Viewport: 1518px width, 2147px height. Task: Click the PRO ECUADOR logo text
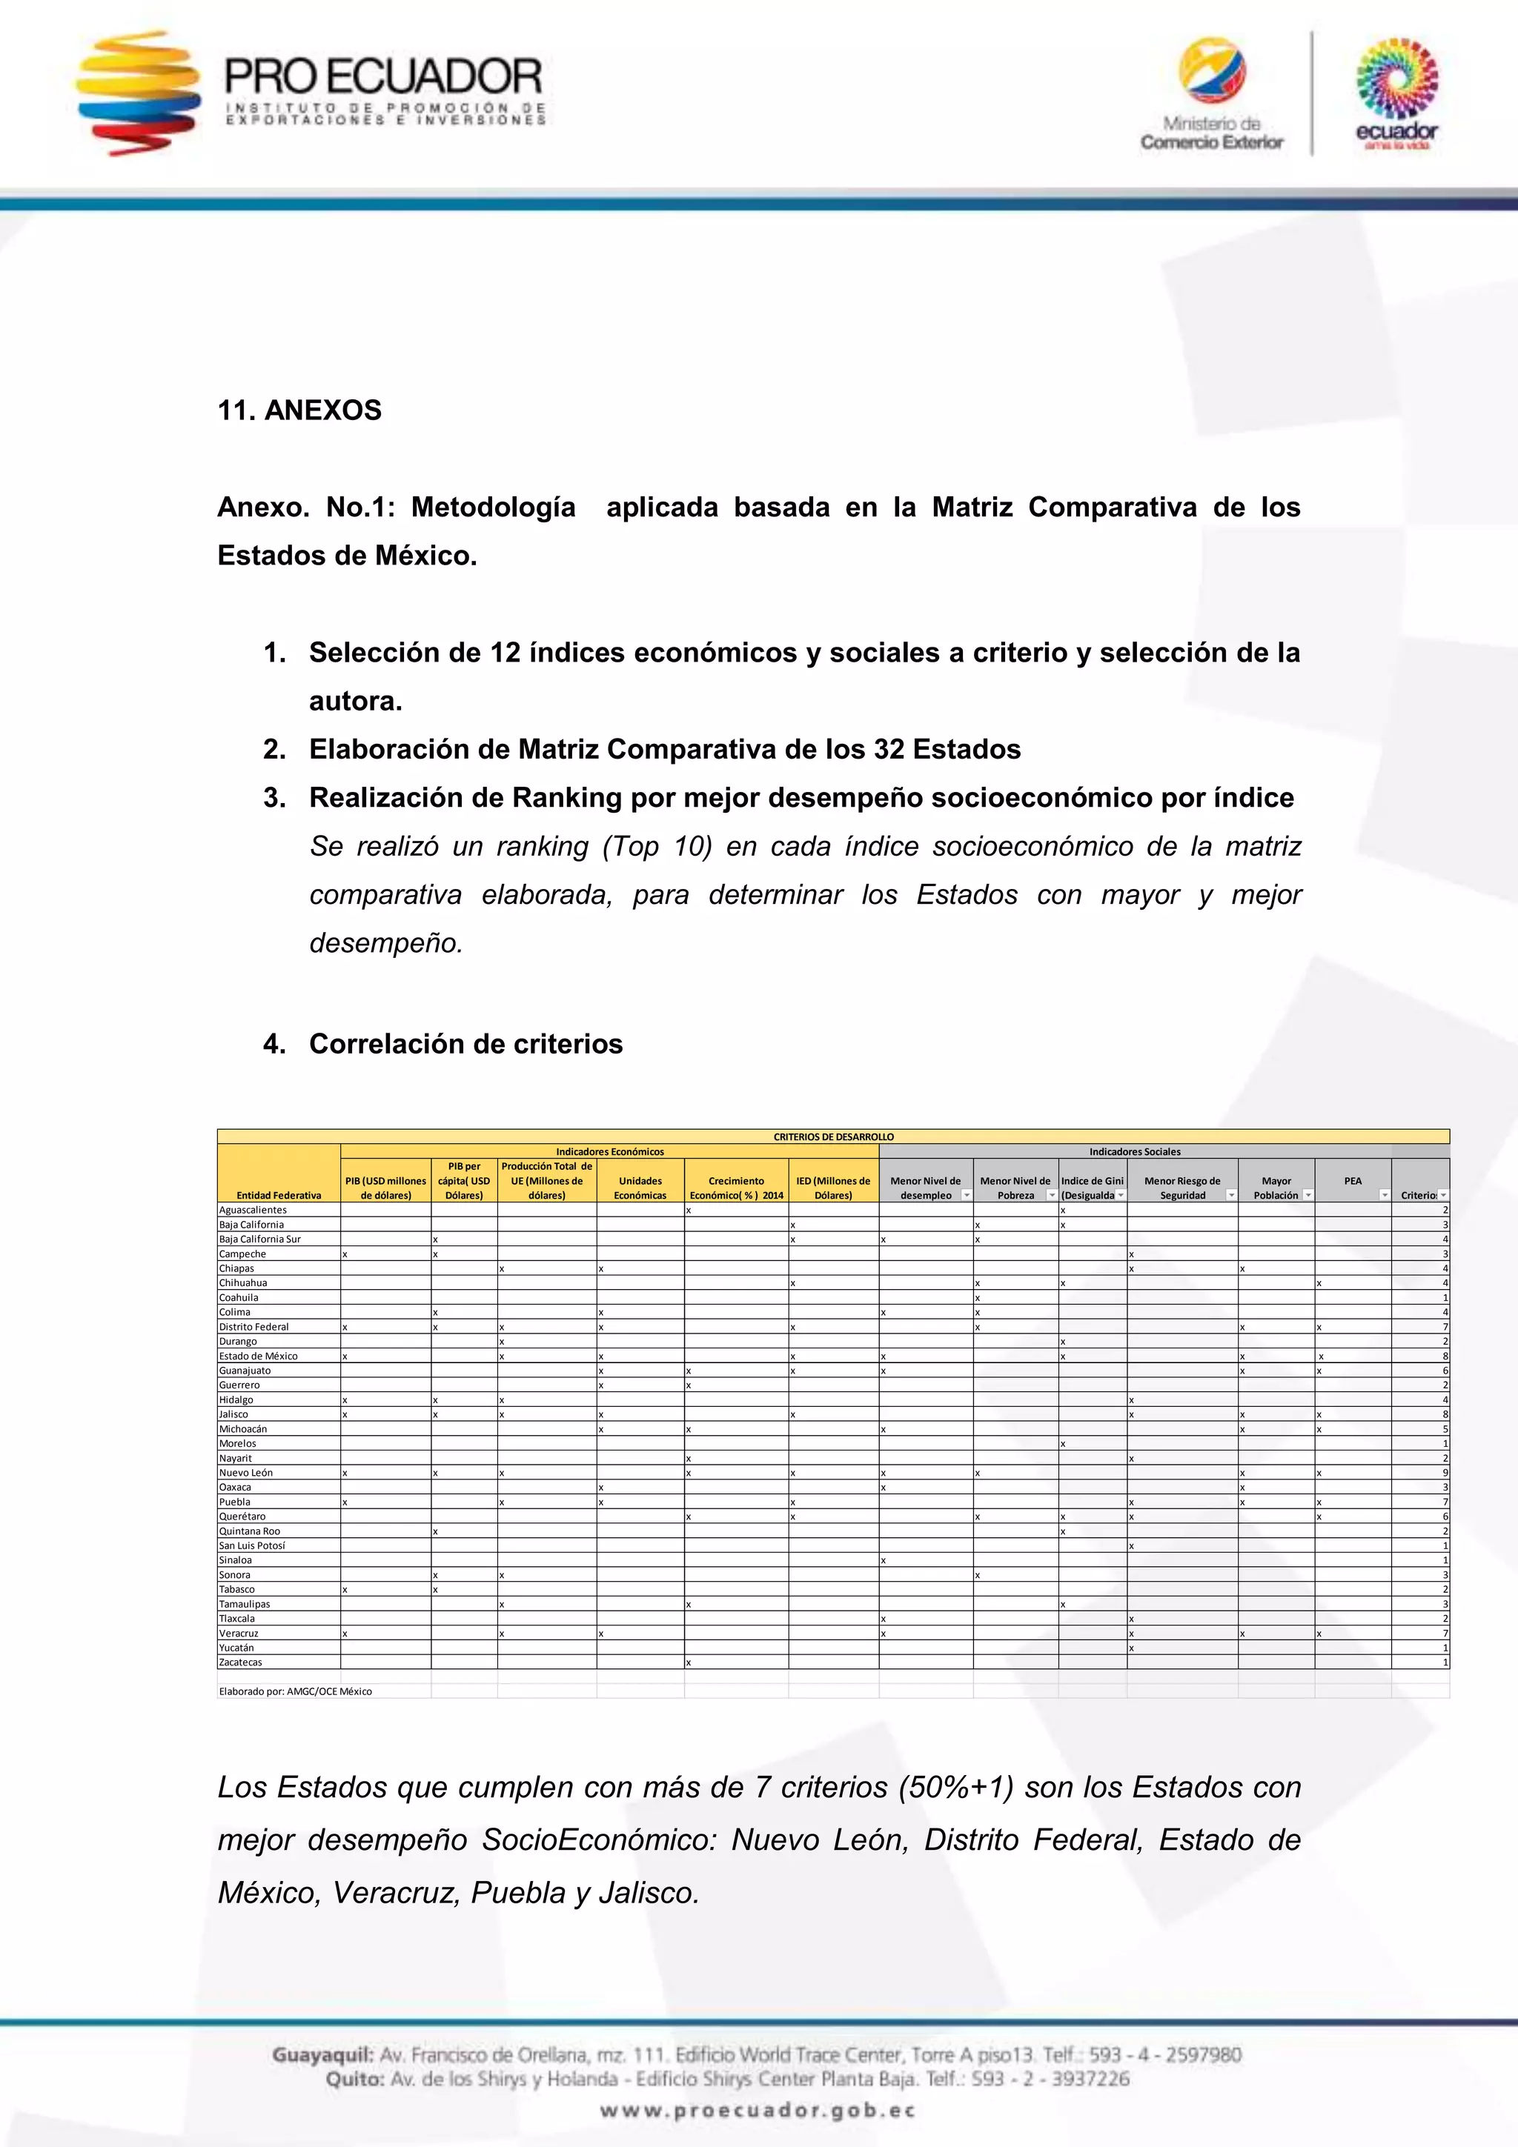tap(383, 78)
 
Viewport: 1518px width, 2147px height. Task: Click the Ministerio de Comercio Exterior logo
tap(1211, 93)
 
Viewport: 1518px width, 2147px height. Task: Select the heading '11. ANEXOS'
tap(299, 410)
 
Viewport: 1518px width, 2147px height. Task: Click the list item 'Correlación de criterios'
tap(465, 1044)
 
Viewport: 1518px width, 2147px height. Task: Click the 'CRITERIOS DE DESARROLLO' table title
tap(832, 1137)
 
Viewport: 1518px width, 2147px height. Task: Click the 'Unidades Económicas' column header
tap(640, 1188)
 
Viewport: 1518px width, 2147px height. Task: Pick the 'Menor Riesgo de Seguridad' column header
tap(1181, 1188)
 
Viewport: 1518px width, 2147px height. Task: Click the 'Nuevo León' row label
tap(246, 1473)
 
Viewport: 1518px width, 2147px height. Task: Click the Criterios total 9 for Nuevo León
tap(1445, 1473)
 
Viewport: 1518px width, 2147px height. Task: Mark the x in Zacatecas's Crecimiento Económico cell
tap(689, 1662)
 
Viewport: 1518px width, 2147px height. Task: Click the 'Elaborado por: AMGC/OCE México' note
tap(296, 1691)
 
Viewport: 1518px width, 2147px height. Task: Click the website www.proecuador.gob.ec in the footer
tap(758, 2111)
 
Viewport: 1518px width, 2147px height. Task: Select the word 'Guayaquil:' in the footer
tap(322, 2055)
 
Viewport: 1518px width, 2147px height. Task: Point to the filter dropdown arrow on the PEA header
tap(1385, 1196)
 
